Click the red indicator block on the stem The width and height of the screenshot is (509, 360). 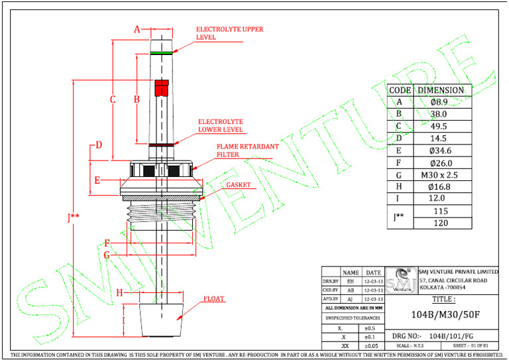tap(162, 88)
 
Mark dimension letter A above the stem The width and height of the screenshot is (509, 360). tap(138, 29)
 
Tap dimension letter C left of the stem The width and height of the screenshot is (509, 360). tap(113, 99)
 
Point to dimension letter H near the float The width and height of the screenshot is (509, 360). tap(119, 292)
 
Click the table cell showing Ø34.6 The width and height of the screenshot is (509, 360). tap(442, 150)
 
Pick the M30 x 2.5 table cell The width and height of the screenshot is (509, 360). tap(442, 175)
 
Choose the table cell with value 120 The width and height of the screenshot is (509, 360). tap(442, 223)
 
